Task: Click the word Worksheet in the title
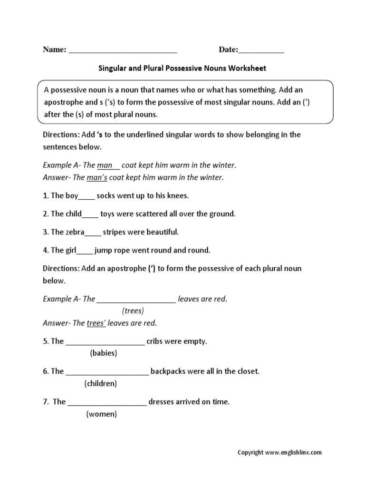pyautogui.click(x=247, y=68)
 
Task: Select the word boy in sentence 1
pyautogui.click(x=71, y=195)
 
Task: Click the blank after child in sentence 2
pyautogui.click(x=90, y=215)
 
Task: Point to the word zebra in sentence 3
pyautogui.click(x=74, y=232)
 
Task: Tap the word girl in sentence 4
pyautogui.click(x=70, y=250)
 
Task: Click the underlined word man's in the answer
pyautogui.click(x=97, y=177)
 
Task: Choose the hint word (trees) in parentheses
pyautogui.click(x=133, y=311)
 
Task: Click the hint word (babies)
pyautogui.click(x=103, y=353)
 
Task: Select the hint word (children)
pyautogui.click(x=100, y=383)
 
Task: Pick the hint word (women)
pyautogui.click(x=101, y=414)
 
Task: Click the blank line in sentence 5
pyautogui.click(x=105, y=342)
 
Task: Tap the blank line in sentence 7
pyautogui.click(x=107, y=403)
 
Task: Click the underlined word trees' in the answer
pyautogui.click(x=96, y=323)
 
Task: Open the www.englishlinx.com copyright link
pyautogui.click(x=293, y=453)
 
